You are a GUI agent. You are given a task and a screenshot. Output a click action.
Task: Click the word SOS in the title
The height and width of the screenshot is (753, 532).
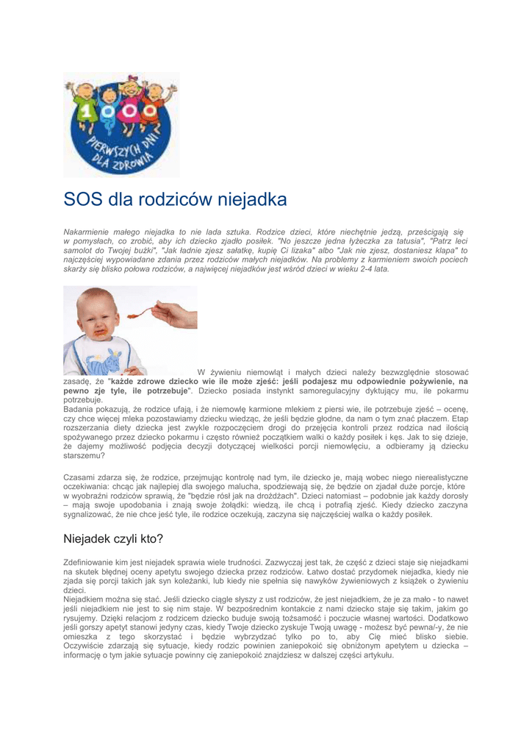(84, 199)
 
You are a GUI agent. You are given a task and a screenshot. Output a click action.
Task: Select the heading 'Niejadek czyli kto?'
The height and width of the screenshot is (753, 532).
(113, 538)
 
